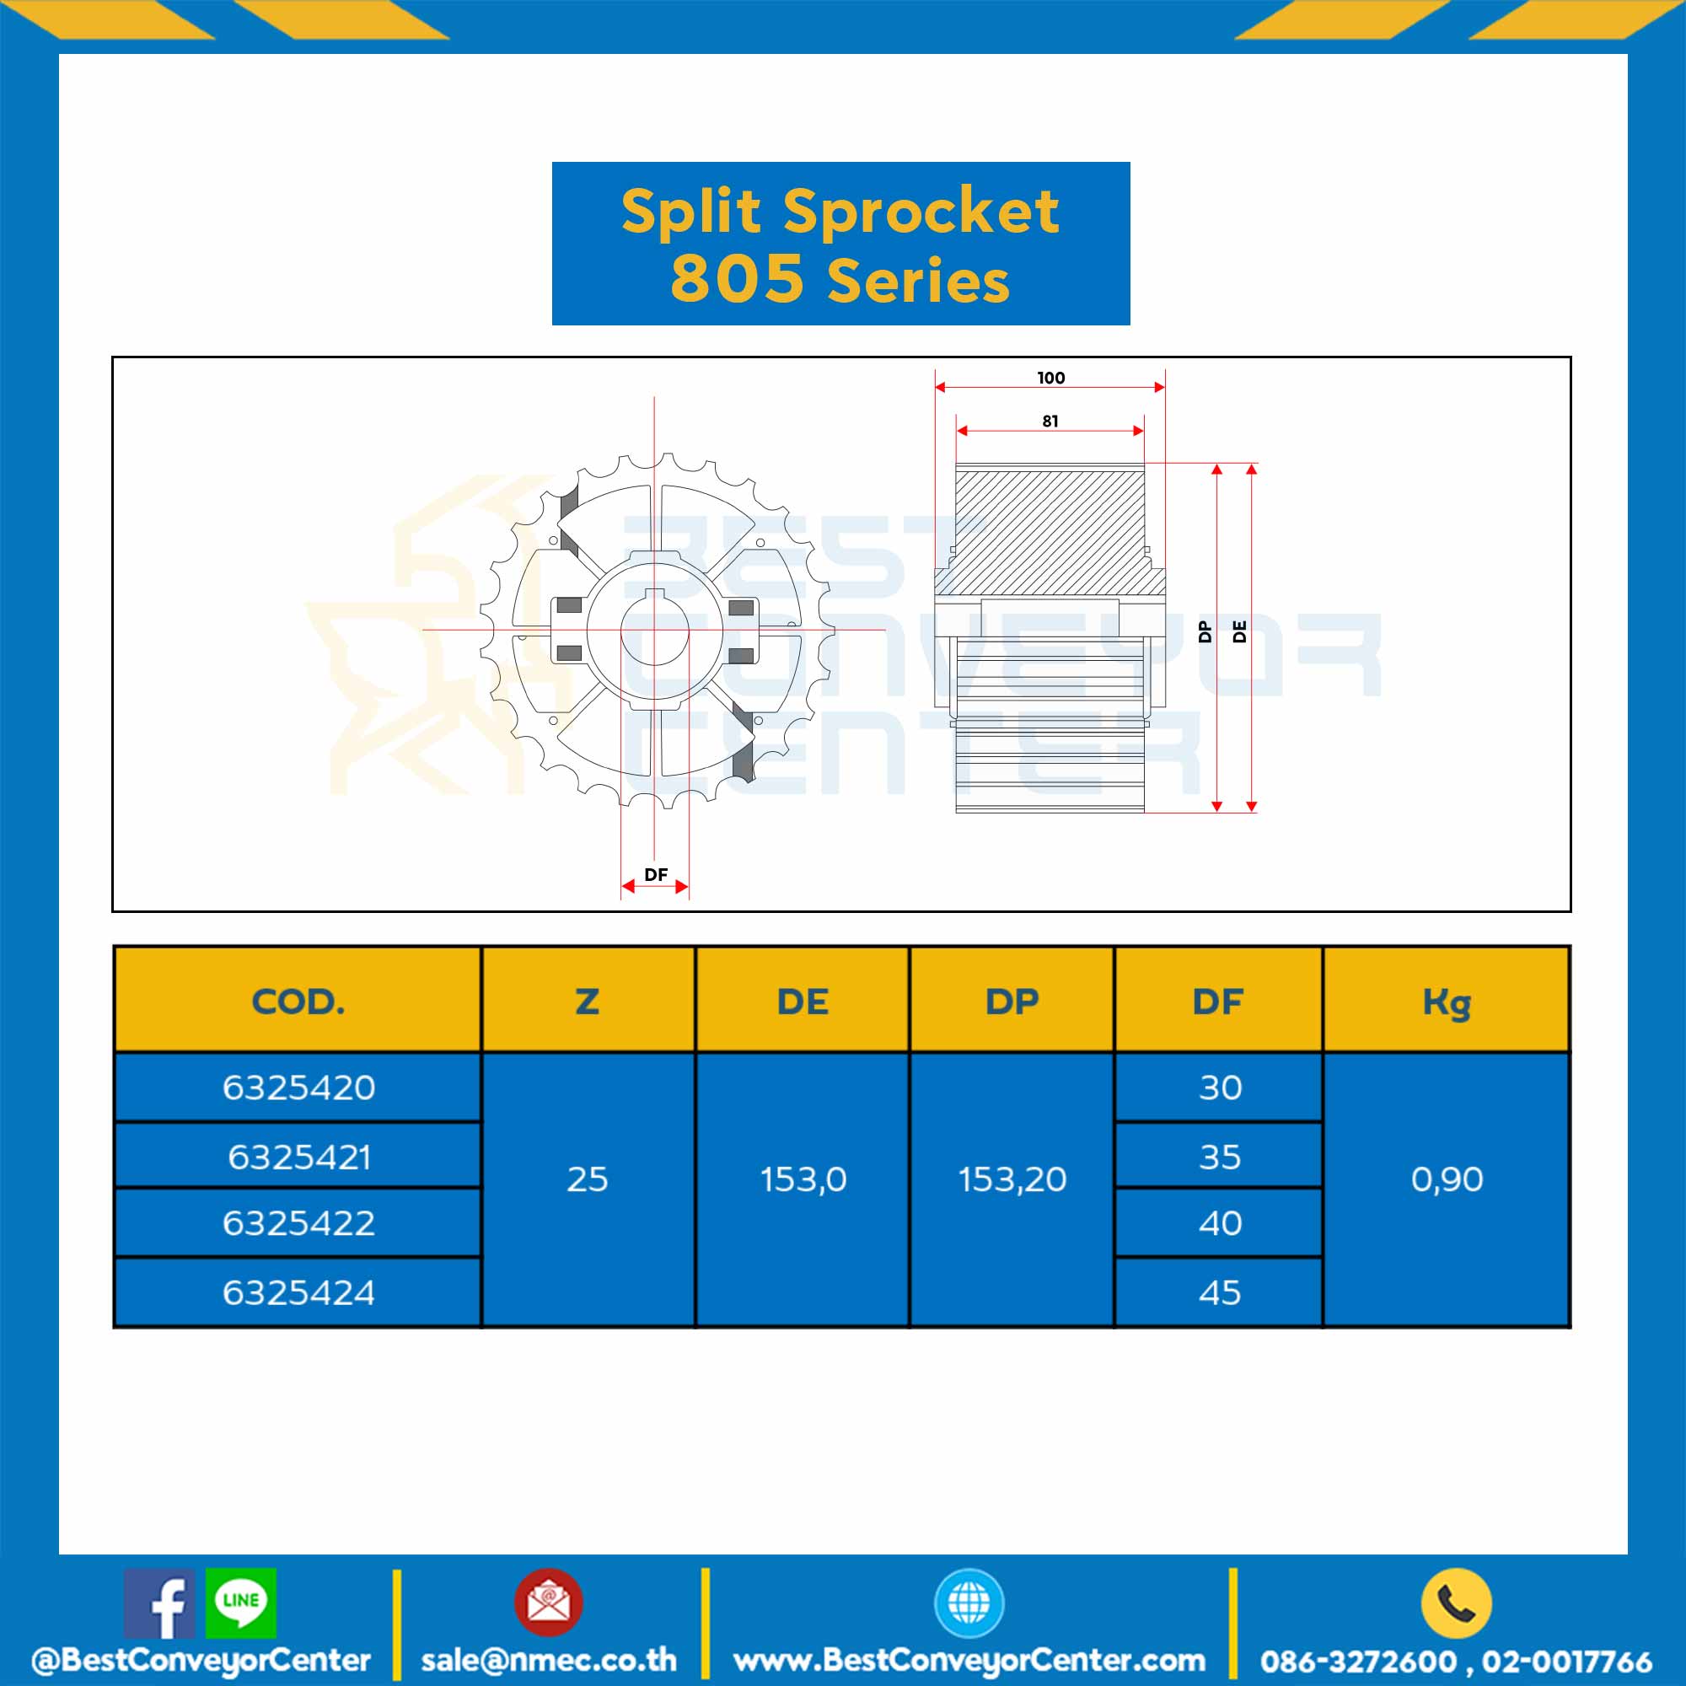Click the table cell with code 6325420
pos(298,1087)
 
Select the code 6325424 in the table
pos(298,1292)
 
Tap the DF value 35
pos(1219,1157)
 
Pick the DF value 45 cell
pos(1219,1292)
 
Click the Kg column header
pos(1446,1001)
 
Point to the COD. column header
pos(298,1001)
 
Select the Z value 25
pos(588,1180)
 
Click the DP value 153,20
pos(1012,1180)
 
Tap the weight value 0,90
pos(1447,1180)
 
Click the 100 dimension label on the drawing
pos(1050,378)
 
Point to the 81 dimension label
pos(1050,421)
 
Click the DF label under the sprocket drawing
pos(655,874)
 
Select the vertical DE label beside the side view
pos(1239,631)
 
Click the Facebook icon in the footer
pos(158,1603)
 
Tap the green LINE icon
pos(241,1603)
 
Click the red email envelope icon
pos(548,1603)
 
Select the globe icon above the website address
pos(969,1603)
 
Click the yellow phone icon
pos(1456,1603)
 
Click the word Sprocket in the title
pos(921,212)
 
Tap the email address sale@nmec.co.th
pos(549,1660)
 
